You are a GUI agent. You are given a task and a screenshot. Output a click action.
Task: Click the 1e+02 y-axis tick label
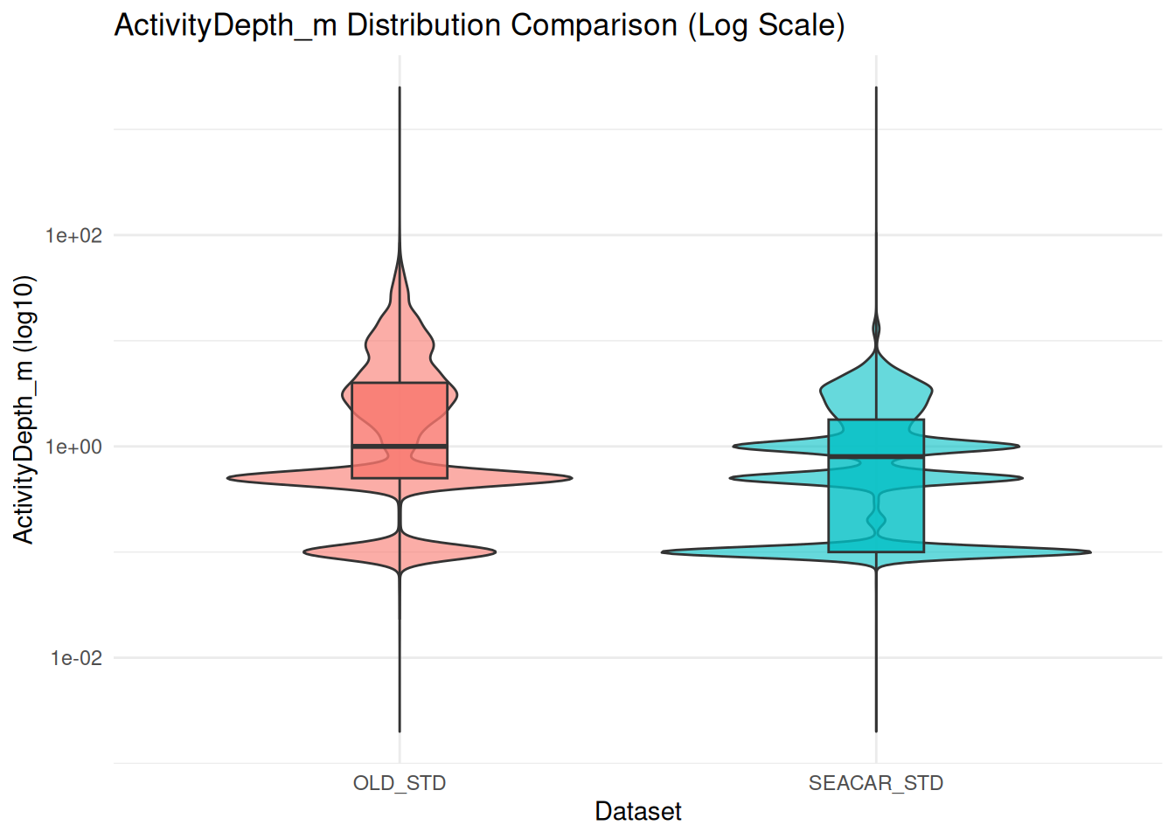coord(73,235)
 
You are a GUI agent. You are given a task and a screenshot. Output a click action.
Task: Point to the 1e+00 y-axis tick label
coord(73,447)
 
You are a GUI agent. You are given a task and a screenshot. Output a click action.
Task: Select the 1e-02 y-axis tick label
coord(75,658)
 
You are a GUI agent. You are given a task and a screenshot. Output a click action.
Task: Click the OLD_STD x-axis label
coord(400,783)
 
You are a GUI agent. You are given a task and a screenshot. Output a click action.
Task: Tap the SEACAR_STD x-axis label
coord(876,783)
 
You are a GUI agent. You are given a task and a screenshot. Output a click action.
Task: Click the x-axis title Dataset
coord(638,811)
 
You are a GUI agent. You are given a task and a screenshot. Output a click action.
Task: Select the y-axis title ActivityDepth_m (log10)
coord(24,409)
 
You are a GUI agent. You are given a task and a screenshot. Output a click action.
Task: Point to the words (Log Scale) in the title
coord(766,25)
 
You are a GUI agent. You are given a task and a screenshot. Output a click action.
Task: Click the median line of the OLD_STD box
coord(400,447)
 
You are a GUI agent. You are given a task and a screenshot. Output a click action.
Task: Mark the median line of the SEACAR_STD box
coord(876,456)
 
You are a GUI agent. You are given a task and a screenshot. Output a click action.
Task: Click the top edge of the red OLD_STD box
coord(400,383)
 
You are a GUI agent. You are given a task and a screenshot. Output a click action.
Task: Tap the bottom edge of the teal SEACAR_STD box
coord(876,551)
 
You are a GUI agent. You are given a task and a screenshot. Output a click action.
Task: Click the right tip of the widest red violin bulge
coord(571,478)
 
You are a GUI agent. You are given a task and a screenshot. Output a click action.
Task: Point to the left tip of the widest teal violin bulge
coord(663,552)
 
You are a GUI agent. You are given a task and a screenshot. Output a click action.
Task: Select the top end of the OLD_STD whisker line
coord(400,87)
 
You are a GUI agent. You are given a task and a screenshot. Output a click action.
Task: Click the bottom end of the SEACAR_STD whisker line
coord(876,732)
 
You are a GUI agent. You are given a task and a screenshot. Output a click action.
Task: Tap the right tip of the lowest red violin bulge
coord(495,552)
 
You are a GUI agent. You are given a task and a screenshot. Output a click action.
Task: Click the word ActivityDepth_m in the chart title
coord(226,25)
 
